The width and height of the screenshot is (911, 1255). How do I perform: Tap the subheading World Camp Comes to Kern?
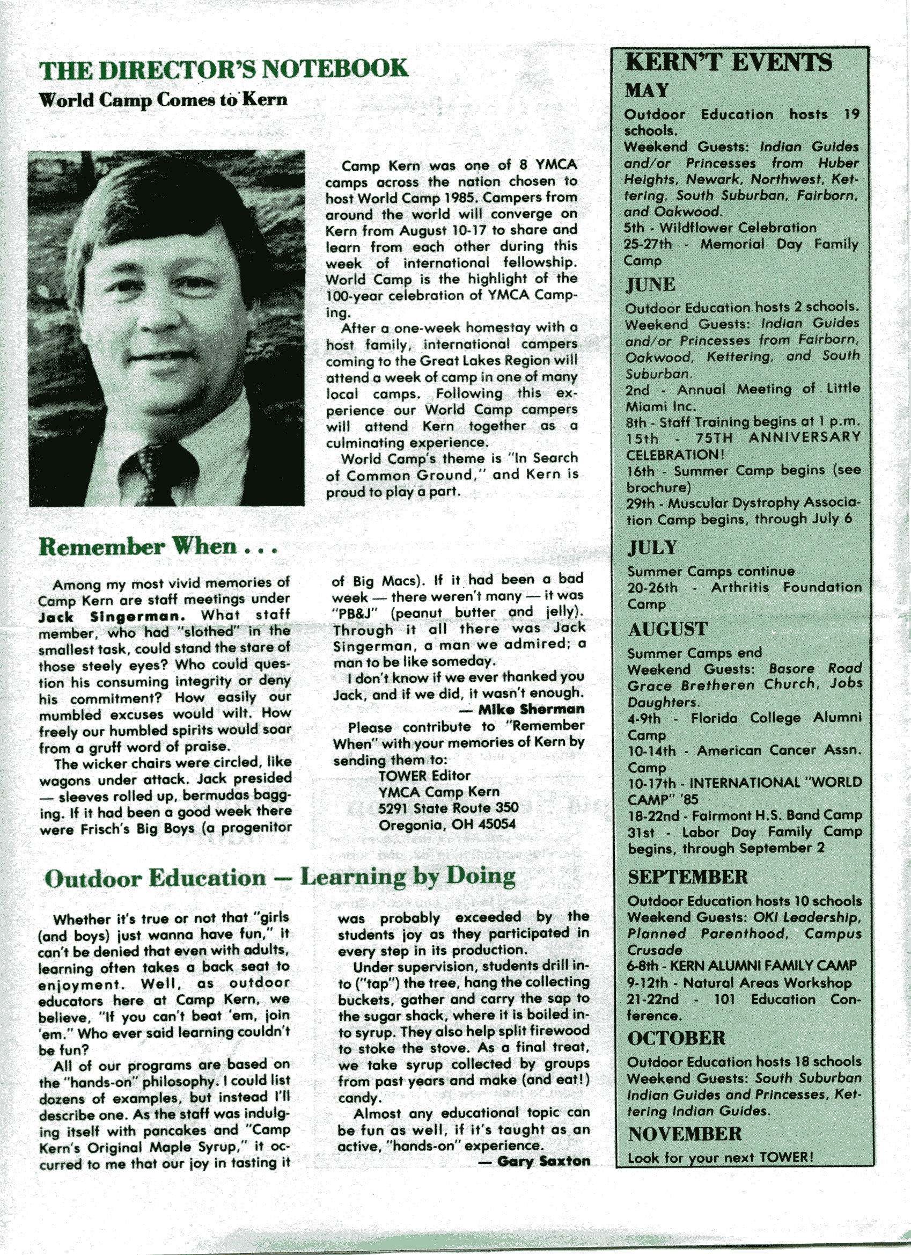pos(163,100)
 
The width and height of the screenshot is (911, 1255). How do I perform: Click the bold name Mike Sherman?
pos(531,710)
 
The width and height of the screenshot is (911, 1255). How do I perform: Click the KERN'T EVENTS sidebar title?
pos(729,62)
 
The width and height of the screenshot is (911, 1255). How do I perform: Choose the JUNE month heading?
pos(650,285)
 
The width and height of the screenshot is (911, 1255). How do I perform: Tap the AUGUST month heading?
pos(667,629)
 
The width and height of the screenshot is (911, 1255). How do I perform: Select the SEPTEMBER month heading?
pos(687,877)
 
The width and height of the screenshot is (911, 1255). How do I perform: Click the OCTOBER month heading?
pos(676,1038)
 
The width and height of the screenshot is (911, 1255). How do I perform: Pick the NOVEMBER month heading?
pos(685,1134)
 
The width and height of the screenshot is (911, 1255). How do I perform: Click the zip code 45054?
pos(497,824)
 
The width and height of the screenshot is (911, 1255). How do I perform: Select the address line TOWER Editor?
pos(424,776)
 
